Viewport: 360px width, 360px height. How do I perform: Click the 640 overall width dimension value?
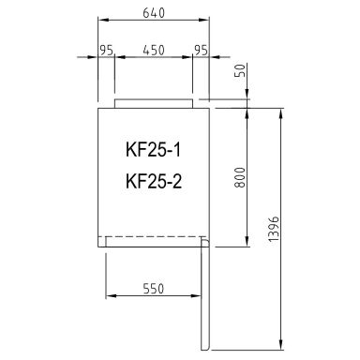tap(153, 14)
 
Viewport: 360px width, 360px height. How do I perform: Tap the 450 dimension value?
tap(153, 51)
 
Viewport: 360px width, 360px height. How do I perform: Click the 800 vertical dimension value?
tap(242, 176)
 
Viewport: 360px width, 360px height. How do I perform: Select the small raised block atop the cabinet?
tap(154, 101)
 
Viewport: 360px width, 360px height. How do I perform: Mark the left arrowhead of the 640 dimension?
tap(101, 22)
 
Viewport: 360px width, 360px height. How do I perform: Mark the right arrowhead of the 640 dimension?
tap(206, 22)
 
